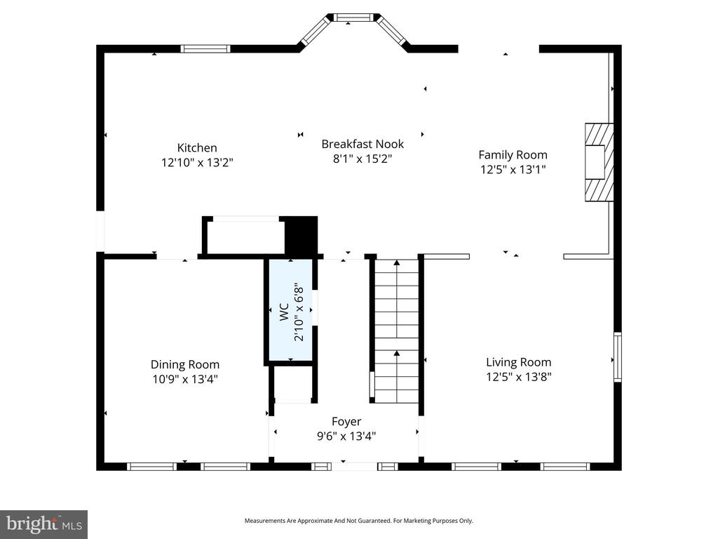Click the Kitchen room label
click(196, 147)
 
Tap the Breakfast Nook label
click(363, 144)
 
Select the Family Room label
click(513, 154)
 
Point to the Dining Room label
click(184, 364)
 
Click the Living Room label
click(518, 362)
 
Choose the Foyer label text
click(346, 421)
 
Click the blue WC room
click(289, 311)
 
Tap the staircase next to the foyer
click(396, 330)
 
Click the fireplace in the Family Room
click(600, 163)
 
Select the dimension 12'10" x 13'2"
click(196, 162)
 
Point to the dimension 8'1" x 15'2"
click(363, 159)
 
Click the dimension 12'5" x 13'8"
click(518, 377)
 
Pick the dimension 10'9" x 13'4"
click(184, 379)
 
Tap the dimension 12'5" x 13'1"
click(513, 169)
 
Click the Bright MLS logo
click(43, 524)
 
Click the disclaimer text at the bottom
click(358, 521)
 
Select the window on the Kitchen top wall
click(205, 48)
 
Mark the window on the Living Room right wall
click(618, 357)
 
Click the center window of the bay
click(355, 18)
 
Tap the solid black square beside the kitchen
click(301, 235)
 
